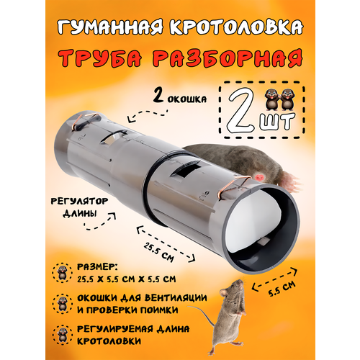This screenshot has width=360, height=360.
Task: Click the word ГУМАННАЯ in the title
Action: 111,27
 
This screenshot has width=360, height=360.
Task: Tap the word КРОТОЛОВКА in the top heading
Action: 237,27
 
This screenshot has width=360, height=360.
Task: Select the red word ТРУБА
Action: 99,58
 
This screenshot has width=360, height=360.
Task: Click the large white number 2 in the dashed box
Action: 242,110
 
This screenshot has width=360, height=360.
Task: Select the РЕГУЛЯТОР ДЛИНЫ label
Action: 79,207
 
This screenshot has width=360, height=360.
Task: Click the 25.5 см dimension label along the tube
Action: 159,252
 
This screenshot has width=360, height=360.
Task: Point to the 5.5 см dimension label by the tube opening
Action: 282,289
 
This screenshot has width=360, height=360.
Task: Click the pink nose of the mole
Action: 259,177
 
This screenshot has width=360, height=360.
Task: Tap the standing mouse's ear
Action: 224,292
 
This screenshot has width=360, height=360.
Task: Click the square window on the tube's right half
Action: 186,171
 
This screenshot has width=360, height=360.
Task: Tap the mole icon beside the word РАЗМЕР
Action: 62,272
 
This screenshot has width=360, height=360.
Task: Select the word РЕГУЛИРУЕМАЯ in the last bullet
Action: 114,329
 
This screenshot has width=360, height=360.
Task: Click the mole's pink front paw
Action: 291,181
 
